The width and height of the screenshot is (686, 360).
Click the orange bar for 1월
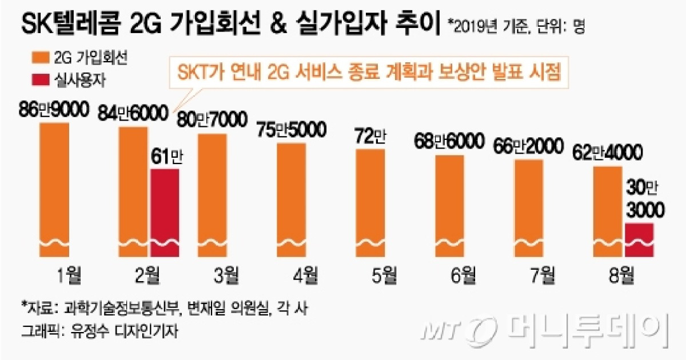54,191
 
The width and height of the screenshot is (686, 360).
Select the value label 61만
166,158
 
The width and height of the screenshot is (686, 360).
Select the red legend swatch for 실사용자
37,80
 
